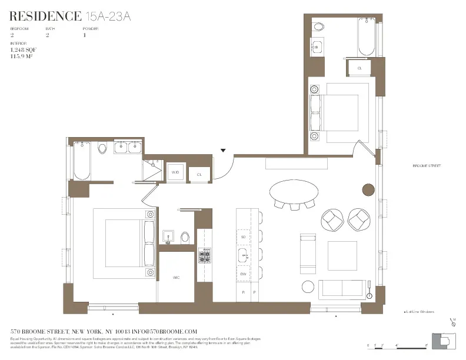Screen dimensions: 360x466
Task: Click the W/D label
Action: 175,172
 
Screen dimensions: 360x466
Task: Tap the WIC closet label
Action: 176,276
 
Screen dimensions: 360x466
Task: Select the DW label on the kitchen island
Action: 243,274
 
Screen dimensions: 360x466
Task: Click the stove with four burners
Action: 205,255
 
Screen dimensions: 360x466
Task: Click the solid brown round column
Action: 368,189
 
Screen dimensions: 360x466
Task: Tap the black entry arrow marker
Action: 223,151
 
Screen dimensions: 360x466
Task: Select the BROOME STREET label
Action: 427,166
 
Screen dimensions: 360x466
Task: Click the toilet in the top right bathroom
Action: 318,27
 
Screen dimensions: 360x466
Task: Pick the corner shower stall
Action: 153,170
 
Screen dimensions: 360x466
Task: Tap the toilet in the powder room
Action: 185,237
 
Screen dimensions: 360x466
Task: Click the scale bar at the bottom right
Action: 397,345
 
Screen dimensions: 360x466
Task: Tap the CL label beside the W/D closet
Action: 199,174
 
